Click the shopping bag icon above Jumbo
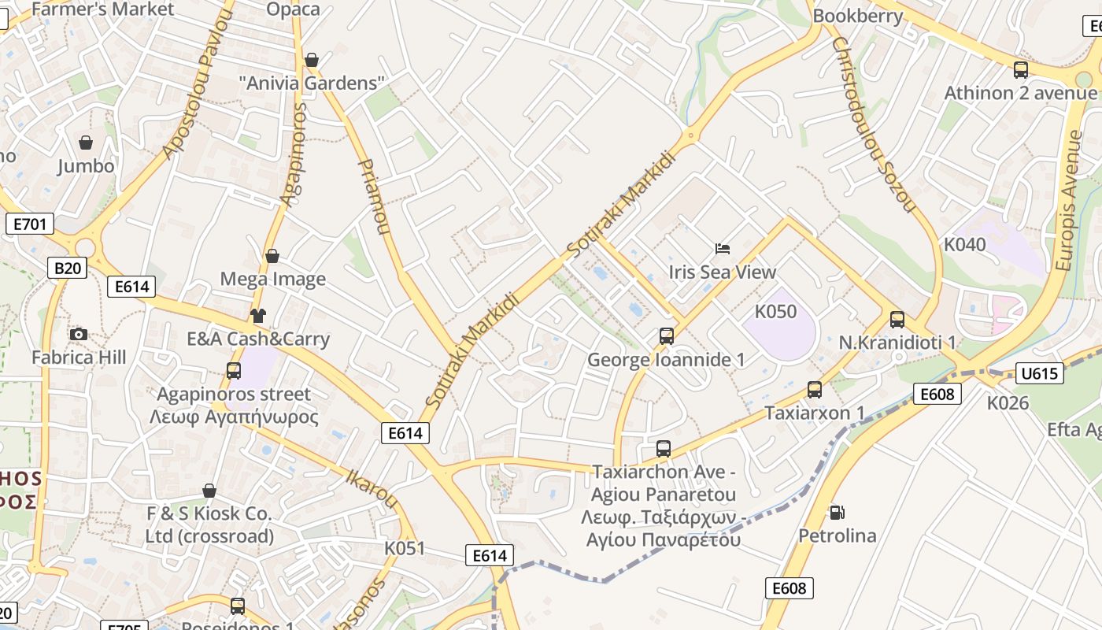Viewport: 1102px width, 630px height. click(86, 143)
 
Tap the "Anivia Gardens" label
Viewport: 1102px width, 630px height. click(312, 83)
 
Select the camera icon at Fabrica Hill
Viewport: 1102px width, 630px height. click(78, 334)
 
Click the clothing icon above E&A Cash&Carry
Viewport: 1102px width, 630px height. click(258, 316)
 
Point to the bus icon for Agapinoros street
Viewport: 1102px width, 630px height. click(233, 370)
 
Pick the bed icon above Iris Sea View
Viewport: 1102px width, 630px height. click(723, 249)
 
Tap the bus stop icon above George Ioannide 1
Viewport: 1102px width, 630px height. click(666, 336)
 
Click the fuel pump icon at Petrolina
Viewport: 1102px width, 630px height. click(837, 513)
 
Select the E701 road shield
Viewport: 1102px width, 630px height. click(30, 224)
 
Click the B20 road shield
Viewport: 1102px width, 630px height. click(67, 268)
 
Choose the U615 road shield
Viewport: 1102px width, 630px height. click(1039, 372)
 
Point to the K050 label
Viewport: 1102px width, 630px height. click(775, 311)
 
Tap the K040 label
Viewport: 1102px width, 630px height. click(964, 244)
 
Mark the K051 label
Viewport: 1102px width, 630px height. click(405, 548)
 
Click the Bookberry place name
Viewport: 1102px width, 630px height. click(858, 16)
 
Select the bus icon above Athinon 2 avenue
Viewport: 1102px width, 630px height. click(1021, 69)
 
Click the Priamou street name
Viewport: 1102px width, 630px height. click(374, 197)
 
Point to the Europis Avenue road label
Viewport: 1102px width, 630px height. click(1068, 202)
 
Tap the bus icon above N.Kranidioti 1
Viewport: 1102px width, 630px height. click(897, 319)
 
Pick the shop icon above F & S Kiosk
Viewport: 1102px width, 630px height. click(209, 491)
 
